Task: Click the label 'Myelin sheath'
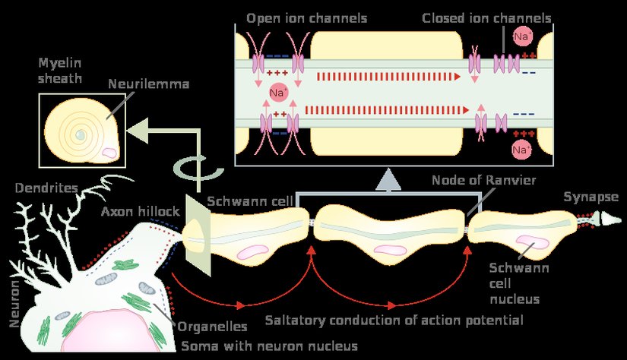(61, 70)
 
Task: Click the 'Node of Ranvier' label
(484, 181)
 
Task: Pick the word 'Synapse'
(591, 197)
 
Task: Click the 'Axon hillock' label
(140, 211)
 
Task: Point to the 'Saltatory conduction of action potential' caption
(394, 320)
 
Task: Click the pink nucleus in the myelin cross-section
(109, 152)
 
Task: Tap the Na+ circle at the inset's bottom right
(521, 149)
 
